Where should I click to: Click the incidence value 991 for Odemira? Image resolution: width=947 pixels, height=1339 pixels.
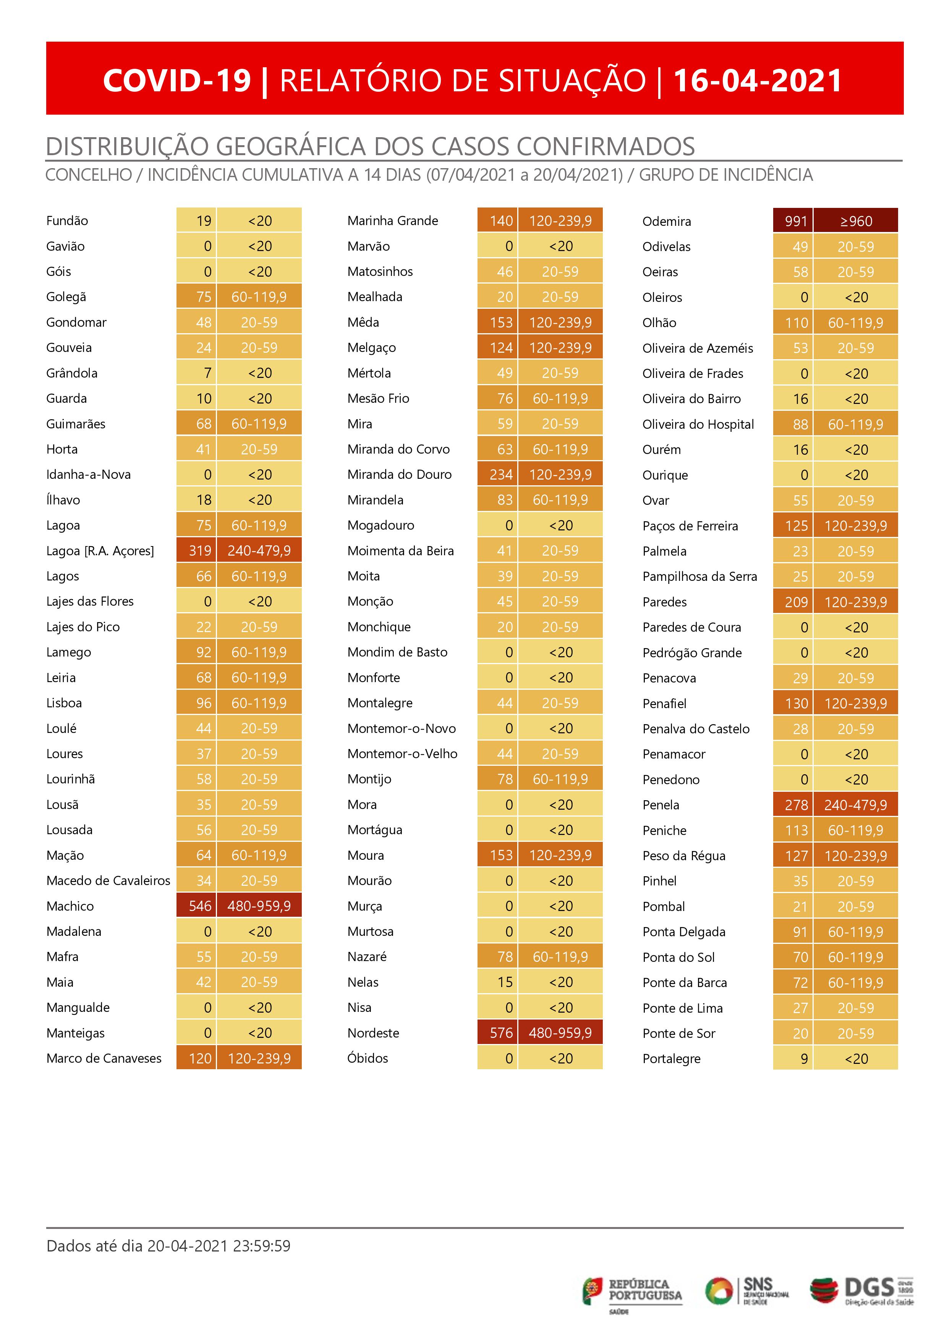pos(795,221)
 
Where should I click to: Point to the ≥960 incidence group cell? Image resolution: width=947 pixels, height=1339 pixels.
pos(855,221)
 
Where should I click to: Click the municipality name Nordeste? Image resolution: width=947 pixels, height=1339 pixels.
pos(373,1033)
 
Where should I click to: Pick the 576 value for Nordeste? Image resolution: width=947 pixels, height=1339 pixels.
pos(501,1033)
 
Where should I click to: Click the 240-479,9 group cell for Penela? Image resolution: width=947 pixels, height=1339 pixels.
pos(855,805)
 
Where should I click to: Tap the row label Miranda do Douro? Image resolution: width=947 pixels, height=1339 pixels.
pos(400,475)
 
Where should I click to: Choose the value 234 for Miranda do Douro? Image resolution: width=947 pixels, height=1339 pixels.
pos(501,475)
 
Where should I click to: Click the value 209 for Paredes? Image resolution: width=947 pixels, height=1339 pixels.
pos(795,602)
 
